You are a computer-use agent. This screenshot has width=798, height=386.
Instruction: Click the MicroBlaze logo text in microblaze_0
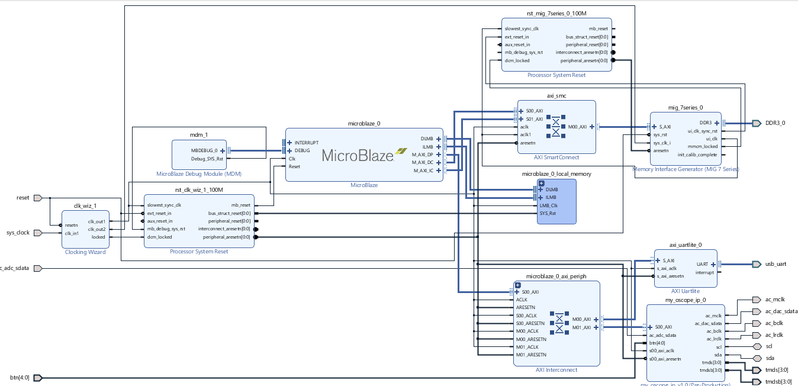[x=358, y=156]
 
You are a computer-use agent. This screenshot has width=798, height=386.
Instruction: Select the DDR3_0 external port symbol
[x=756, y=123]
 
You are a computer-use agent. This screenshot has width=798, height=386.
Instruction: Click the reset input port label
[x=22, y=198]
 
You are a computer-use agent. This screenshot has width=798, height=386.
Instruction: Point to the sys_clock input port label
[x=18, y=233]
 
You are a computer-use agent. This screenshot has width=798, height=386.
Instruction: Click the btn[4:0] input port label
[x=20, y=378]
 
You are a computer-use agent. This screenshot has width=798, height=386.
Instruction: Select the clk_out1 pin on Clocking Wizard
[x=96, y=221]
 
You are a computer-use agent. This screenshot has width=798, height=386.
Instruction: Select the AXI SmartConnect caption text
[x=556, y=157]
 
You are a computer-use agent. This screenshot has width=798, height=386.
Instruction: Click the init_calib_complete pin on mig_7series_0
[x=697, y=155]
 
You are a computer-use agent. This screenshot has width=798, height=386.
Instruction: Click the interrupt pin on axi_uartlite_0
[x=704, y=272]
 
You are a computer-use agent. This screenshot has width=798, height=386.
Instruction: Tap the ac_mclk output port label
[x=774, y=300]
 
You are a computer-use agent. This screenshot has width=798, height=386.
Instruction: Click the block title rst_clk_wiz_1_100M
[x=199, y=189]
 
